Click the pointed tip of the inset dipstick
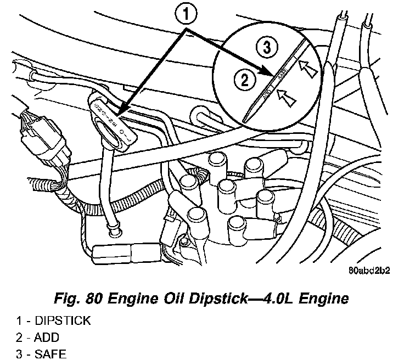tap(245, 120)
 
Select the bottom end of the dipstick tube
tap(114, 233)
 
